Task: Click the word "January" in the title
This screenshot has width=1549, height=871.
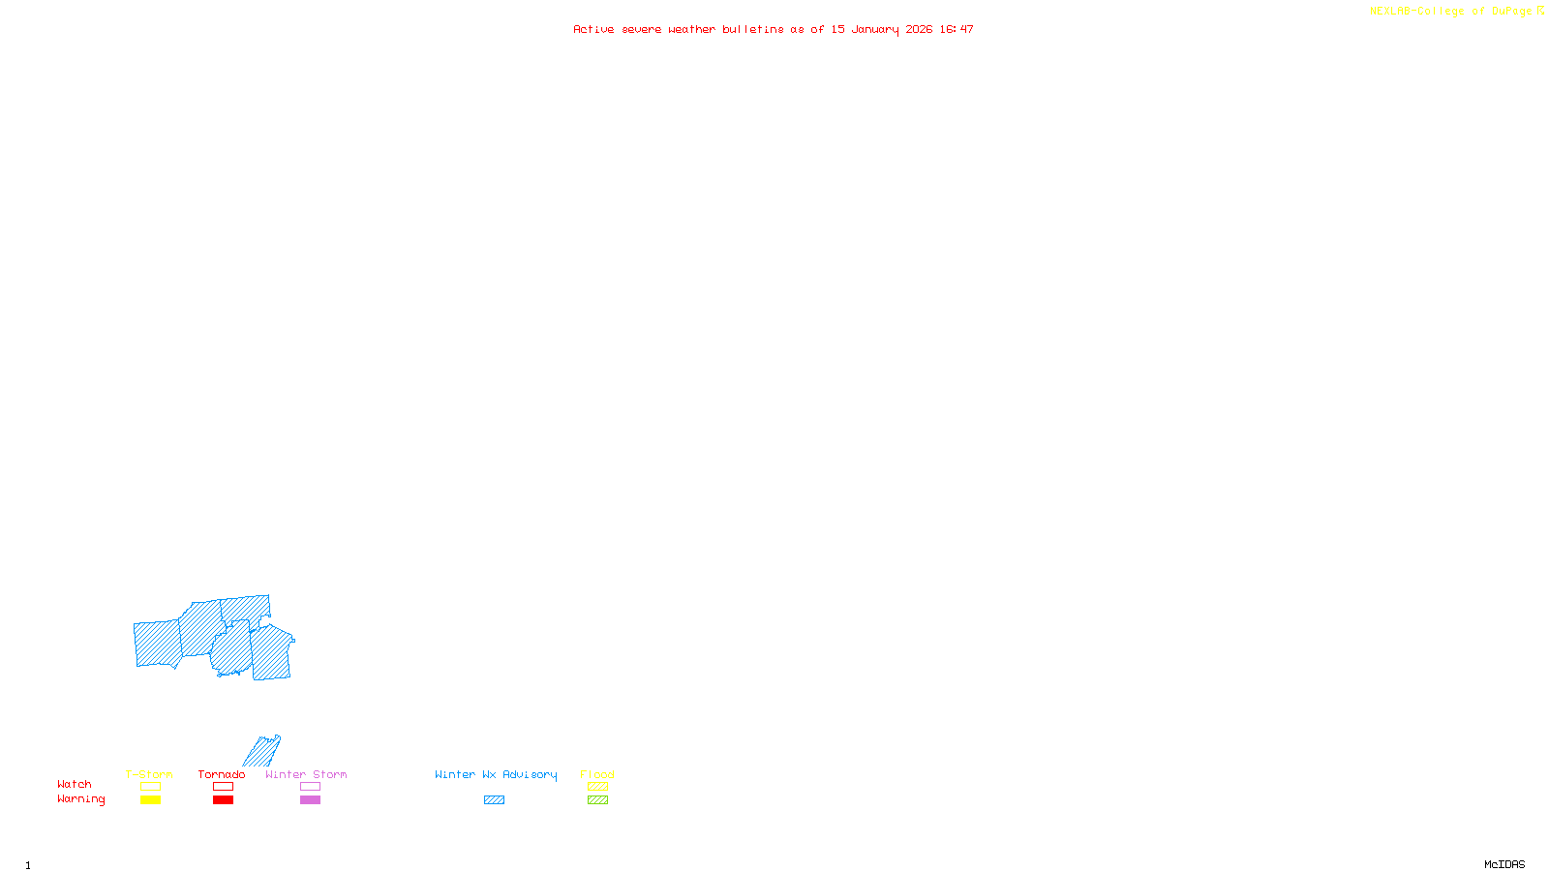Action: (874, 29)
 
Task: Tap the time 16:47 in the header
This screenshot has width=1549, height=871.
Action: (957, 29)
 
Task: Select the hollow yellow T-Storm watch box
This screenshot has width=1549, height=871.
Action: (150, 787)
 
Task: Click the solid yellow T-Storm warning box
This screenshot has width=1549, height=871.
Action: (150, 800)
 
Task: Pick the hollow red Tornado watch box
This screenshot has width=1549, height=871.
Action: (223, 787)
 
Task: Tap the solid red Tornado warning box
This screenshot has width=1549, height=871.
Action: (223, 800)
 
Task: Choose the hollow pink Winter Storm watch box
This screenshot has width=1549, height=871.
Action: (310, 787)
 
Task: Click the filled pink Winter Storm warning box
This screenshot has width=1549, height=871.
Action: (310, 800)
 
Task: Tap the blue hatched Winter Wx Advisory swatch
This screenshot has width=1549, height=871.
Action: (494, 800)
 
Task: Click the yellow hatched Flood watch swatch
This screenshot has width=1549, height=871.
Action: (597, 787)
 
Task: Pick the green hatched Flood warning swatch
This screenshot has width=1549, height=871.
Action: (597, 800)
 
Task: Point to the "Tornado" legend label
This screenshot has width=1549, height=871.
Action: (222, 774)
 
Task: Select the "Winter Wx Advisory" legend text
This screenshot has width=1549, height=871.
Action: (496, 774)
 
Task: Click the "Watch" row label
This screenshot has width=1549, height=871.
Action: (75, 784)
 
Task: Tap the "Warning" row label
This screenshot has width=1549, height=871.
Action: (80, 799)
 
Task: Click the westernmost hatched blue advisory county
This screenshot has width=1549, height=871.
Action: (157, 644)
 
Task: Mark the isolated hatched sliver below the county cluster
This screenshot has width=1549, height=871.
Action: (261, 751)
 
